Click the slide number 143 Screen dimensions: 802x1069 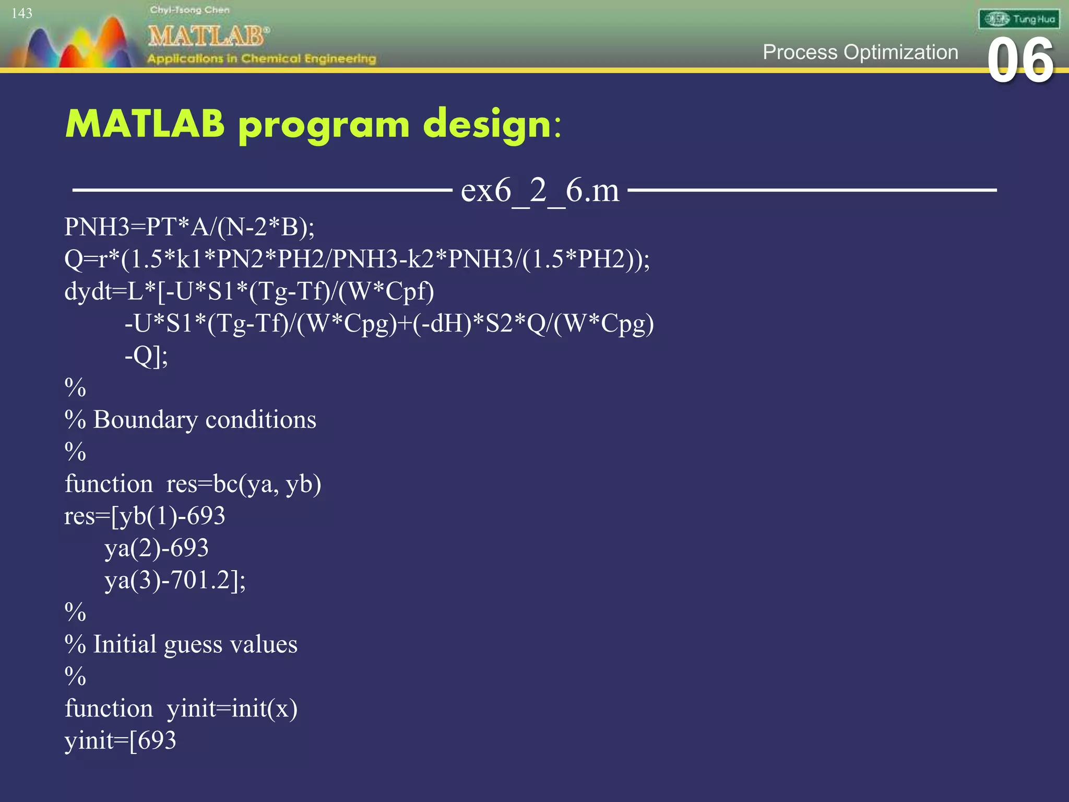pyautogui.click(x=22, y=13)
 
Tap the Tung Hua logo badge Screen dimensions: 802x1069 pyautogui.click(x=1018, y=19)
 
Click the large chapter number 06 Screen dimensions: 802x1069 pyautogui.click(x=1020, y=62)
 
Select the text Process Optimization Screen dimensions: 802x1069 pyautogui.click(x=860, y=52)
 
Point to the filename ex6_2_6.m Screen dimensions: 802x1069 pyautogui.click(x=540, y=190)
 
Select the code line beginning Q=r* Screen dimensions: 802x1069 pyautogui.click(x=357, y=259)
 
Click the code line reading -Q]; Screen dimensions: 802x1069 pyautogui.click(x=146, y=356)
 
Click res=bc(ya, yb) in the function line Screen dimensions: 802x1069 pyautogui.click(x=243, y=484)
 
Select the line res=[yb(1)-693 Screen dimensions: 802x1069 pyautogui.click(x=145, y=516)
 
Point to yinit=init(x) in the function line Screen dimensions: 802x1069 pyautogui.click(x=232, y=709)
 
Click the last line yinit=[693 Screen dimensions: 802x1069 pyautogui.click(x=121, y=741)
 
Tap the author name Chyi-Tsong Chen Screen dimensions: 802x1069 pyautogui.click(x=189, y=9)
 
